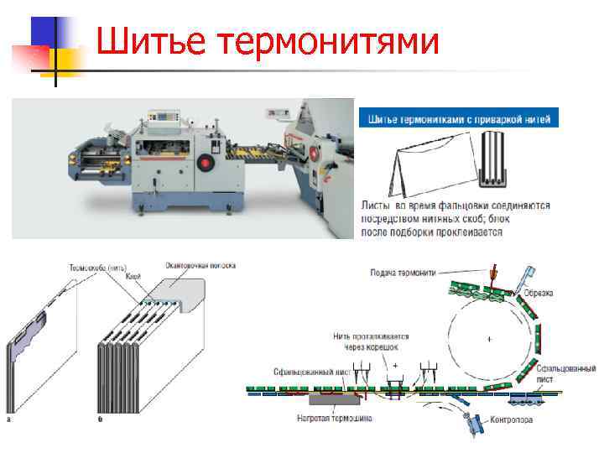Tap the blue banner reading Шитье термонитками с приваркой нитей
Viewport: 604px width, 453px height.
(x=458, y=118)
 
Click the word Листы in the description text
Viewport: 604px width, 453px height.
(x=378, y=205)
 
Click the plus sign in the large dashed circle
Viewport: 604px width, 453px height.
(x=488, y=338)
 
